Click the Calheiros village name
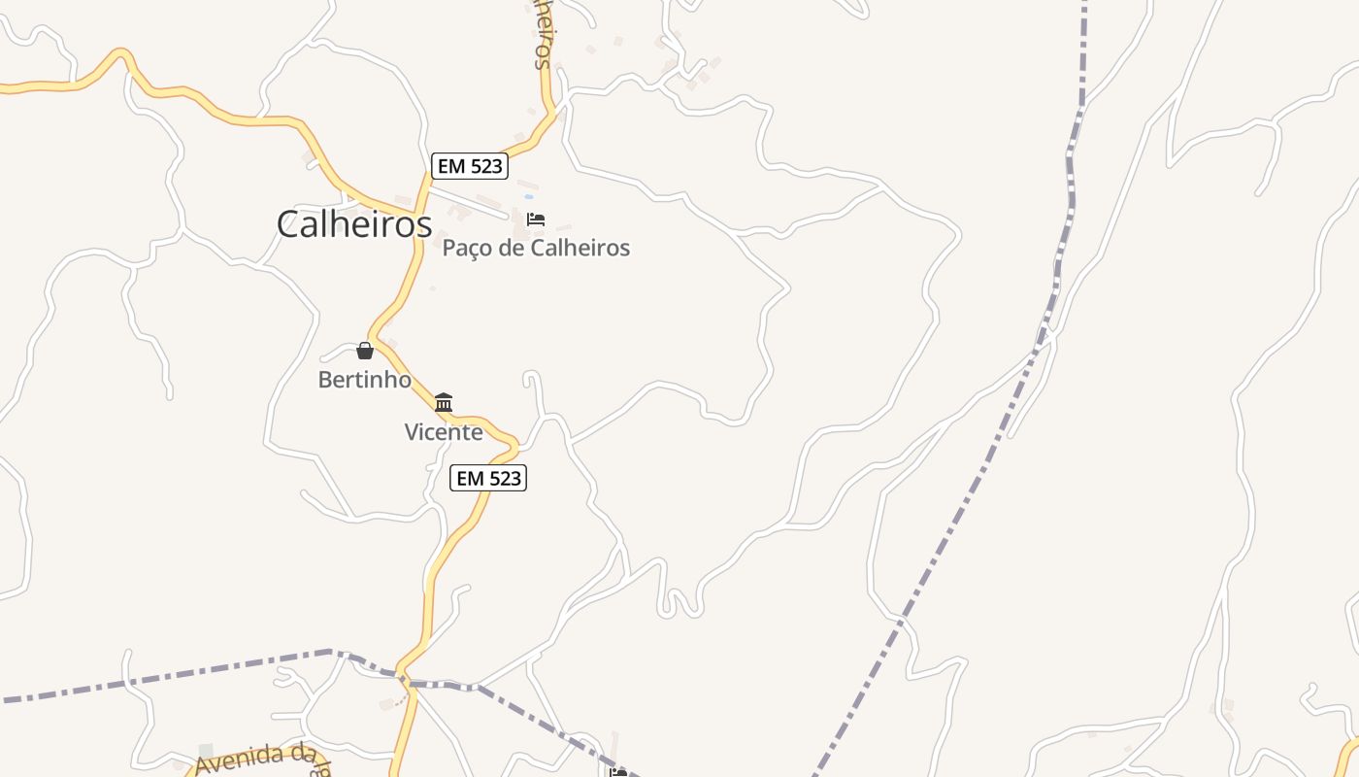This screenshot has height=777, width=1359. click(x=353, y=224)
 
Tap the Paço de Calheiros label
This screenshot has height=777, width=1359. click(x=536, y=249)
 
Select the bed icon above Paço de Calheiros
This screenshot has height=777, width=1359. click(x=536, y=220)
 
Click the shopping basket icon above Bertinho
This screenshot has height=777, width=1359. click(x=365, y=351)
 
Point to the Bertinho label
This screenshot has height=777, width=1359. click(x=365, y=380)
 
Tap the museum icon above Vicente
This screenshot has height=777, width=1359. click(x=444, y=402)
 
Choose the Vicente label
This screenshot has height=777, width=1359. click(x=444, y=432)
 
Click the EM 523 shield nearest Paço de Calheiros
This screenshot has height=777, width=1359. click(x=470, y=166)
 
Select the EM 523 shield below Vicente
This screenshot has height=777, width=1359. click(x=489, y=478)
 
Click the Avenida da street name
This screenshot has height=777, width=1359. click(x=256, y=759)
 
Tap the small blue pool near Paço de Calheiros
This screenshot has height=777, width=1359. click(x=529, y=196)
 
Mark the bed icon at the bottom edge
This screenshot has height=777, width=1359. click(x=617, y=773)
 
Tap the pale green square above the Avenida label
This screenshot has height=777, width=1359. click(x=205, y=750)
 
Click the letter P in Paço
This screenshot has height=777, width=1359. click(x=449, y=249)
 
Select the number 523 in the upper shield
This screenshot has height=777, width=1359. click(x=484, y=166)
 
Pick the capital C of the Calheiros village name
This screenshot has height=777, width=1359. click(x=288, y=224)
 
